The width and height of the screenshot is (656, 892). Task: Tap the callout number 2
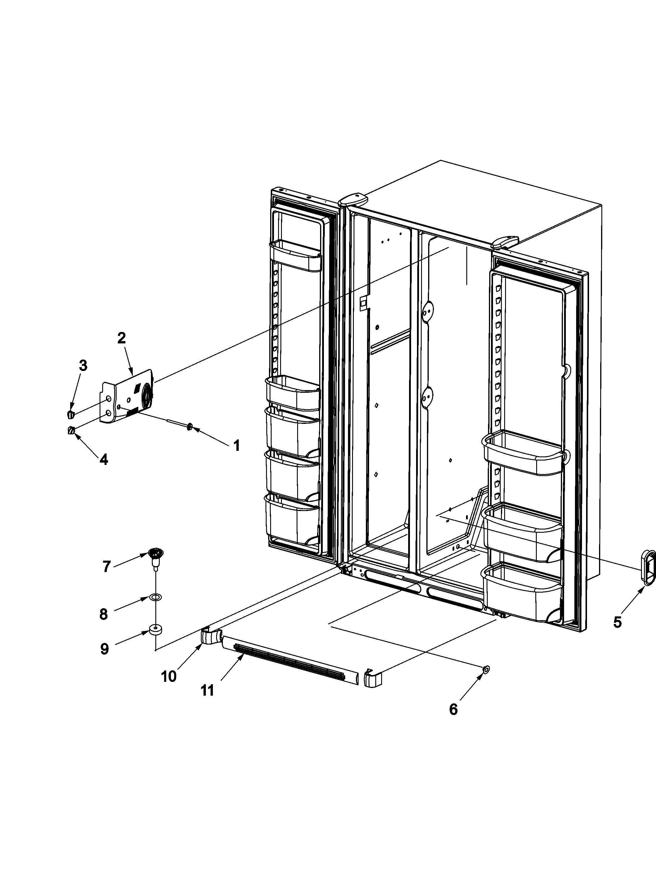122,338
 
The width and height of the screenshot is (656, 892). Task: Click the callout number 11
207,690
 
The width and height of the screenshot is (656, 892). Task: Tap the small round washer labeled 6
486,669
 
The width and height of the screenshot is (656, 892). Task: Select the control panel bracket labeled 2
127,397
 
